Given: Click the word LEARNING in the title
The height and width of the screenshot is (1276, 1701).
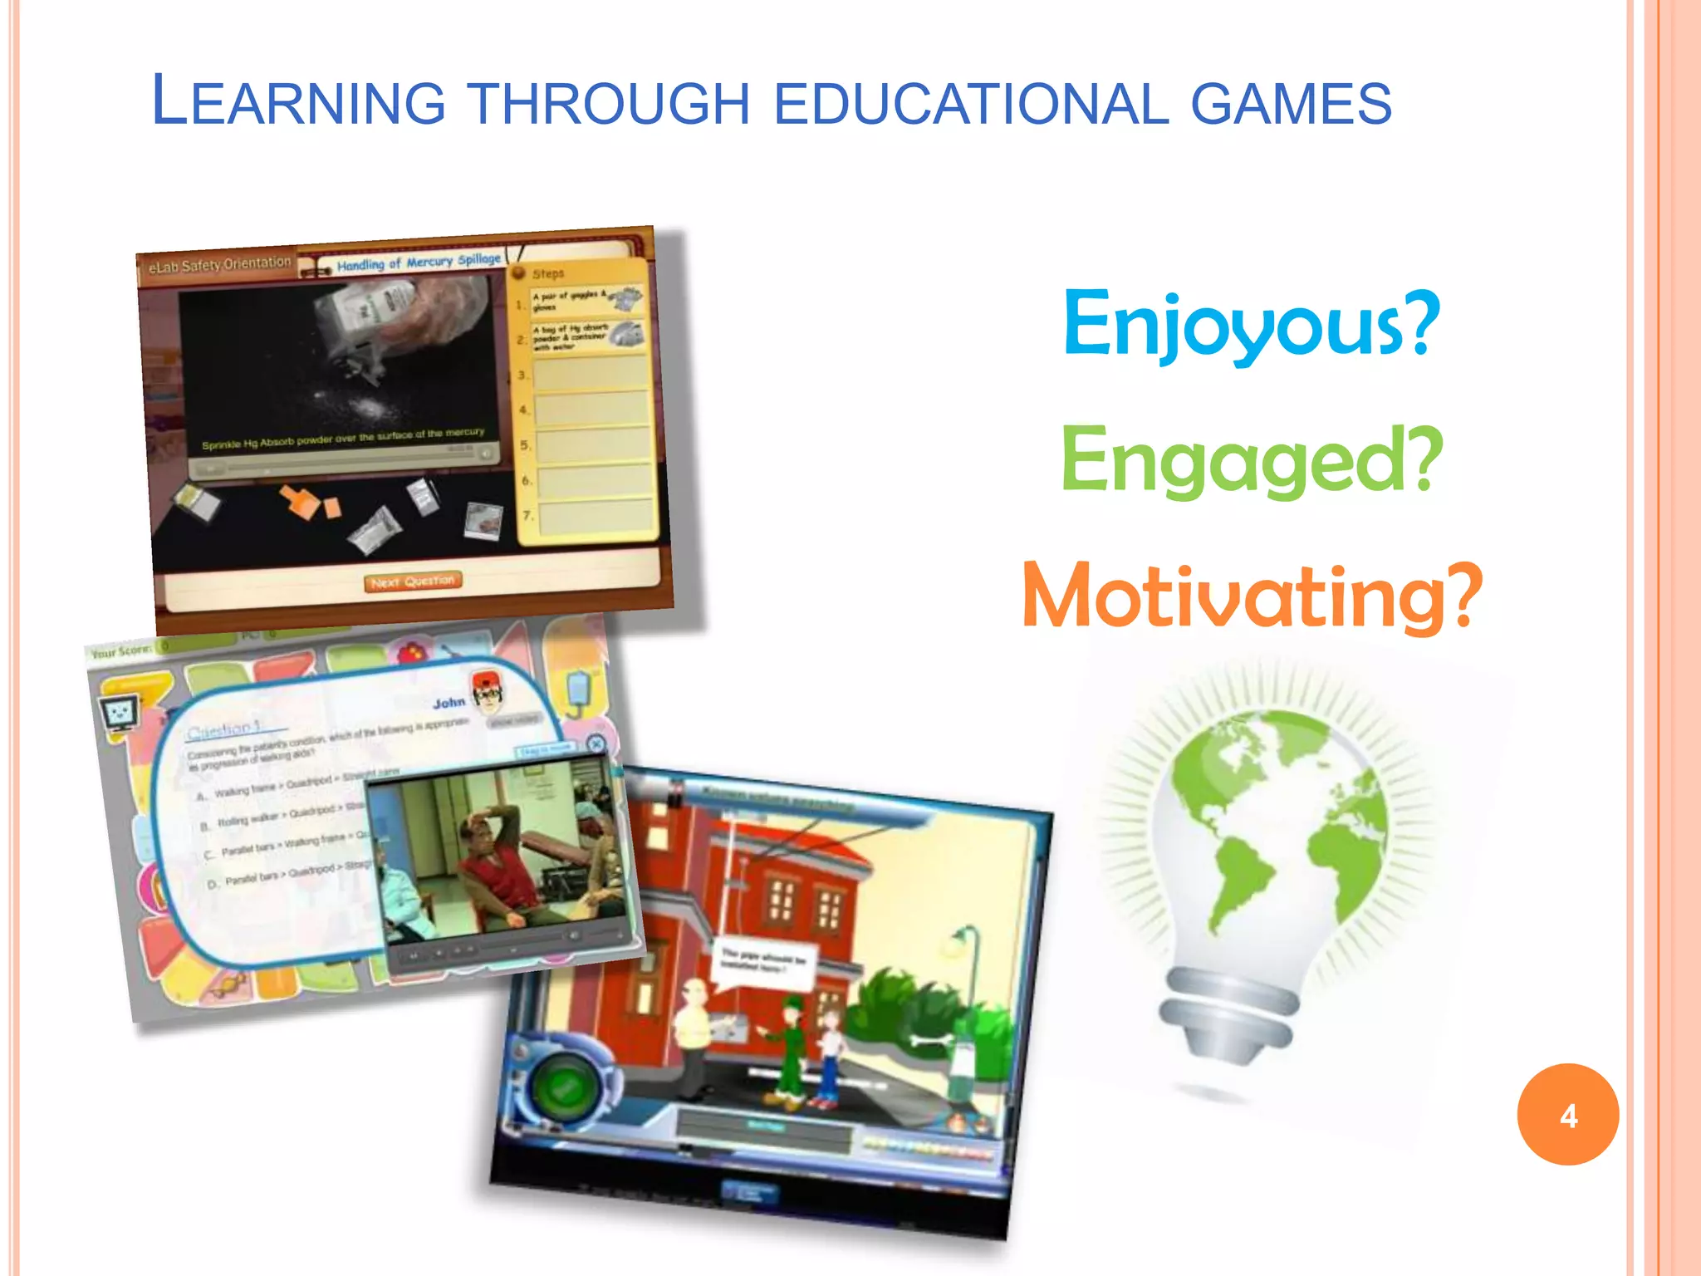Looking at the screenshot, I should (299, 102).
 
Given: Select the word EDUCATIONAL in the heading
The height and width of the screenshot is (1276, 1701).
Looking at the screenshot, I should (970, 104).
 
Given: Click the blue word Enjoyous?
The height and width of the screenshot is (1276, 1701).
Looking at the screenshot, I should (1251, 324).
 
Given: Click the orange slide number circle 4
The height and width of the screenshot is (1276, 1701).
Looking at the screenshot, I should (1567, 1115).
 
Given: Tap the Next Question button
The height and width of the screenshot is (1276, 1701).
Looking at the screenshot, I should (413, 581).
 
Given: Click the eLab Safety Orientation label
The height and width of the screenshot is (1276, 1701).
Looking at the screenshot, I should (219, 265).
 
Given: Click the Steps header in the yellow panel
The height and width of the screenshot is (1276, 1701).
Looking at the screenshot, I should (548, 273).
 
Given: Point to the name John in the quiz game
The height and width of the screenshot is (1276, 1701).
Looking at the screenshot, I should (449, 703).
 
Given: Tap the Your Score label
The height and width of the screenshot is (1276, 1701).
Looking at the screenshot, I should (121, 651).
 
